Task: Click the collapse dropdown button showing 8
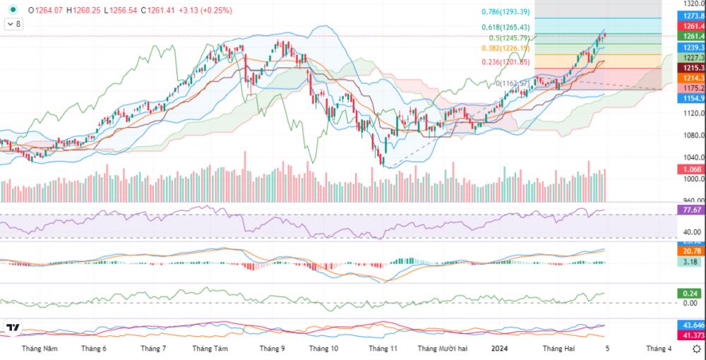point(13,24)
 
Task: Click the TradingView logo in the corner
point(13,328)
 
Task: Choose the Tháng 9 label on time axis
point(272,349)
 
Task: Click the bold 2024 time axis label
point(499,349)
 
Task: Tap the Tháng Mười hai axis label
point(443,349)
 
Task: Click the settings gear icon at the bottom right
point(697,349)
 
